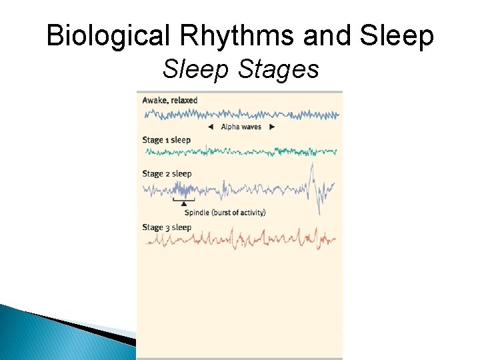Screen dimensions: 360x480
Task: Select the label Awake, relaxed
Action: [169, 100]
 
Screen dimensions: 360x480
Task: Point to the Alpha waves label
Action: [241, 127]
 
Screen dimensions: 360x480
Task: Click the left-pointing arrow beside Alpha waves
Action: [211, 127]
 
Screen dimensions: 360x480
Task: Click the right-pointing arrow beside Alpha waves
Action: [271, 127]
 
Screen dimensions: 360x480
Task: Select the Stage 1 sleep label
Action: [166, 140]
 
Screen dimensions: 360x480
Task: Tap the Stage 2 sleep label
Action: [167, 173]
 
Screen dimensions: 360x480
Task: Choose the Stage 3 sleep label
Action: [167, 227]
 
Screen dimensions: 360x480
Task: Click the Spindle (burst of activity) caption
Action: [225, 213]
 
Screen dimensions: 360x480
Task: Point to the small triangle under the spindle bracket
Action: [184, 203]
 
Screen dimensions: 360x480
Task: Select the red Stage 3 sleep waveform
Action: [240, 238]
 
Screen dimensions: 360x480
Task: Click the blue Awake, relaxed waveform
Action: [240, 114]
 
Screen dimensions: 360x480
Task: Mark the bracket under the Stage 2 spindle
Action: [184, 199]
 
